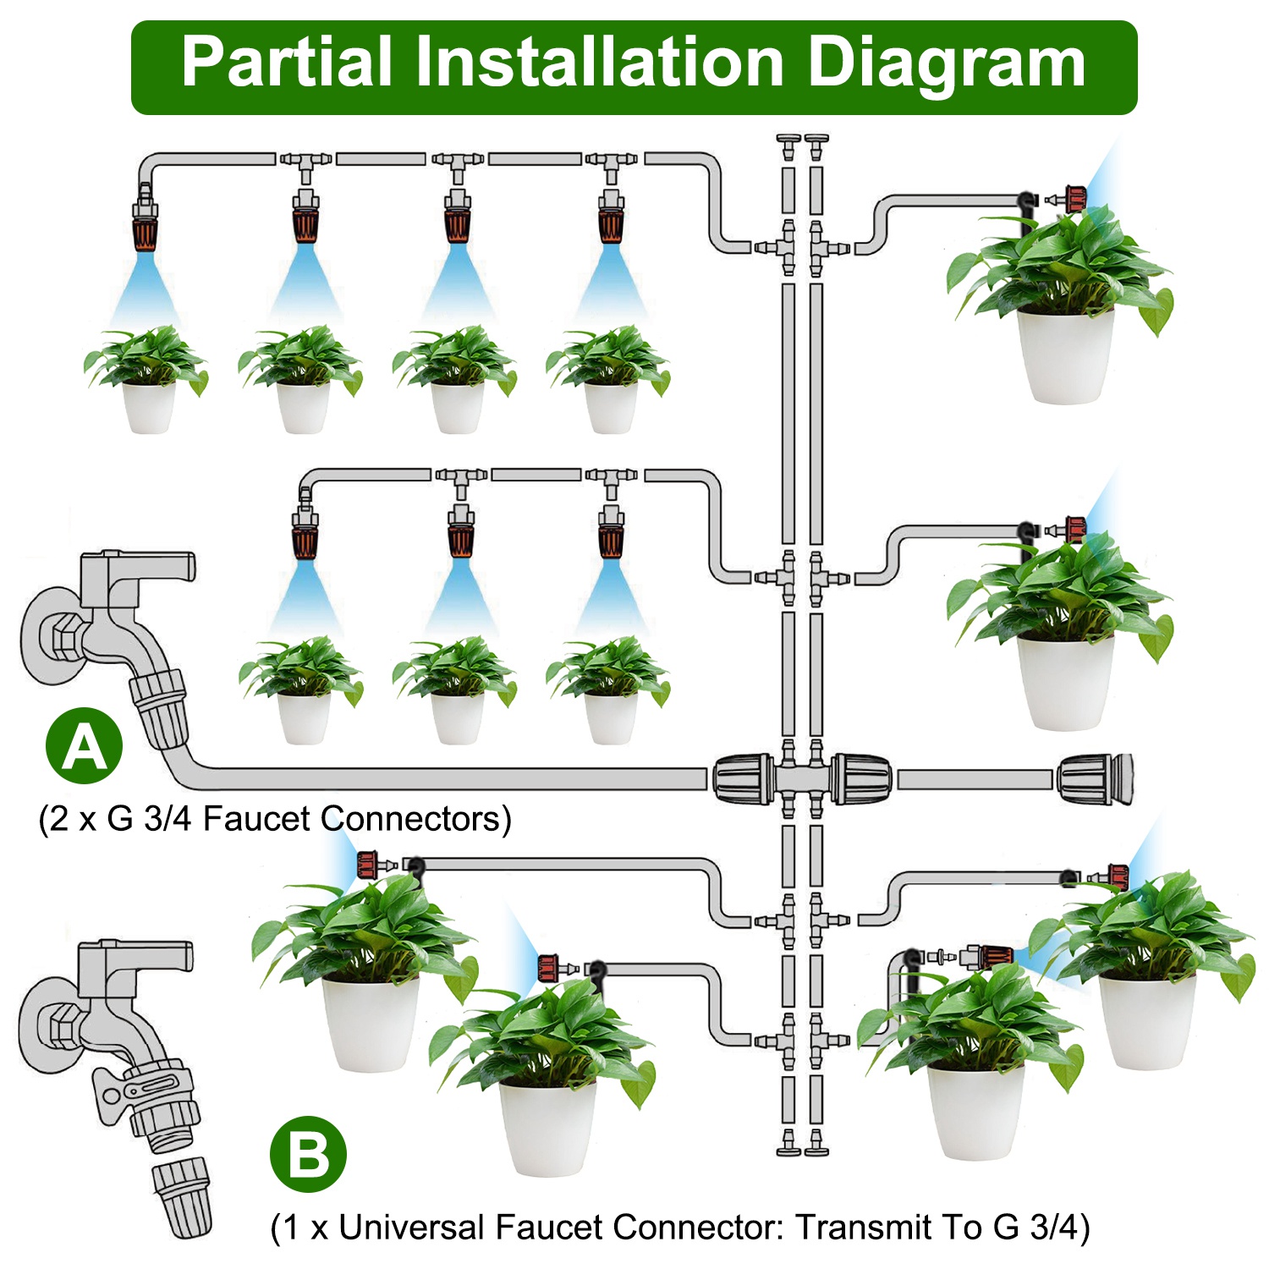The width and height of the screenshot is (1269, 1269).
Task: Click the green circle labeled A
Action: coord(84,745)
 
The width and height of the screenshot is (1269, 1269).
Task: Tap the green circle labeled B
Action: coord(308,1154)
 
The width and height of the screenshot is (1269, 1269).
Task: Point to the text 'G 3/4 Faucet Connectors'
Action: coord(309,819)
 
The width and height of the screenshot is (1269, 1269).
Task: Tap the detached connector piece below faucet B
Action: coord(182,1197)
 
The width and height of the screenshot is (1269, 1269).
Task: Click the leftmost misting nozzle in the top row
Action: coord(145,222)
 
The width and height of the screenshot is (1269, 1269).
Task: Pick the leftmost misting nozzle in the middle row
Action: coord(305,533)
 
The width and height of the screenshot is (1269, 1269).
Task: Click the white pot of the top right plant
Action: coord(1064,355)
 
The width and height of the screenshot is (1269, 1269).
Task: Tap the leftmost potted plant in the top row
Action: coord(147,381)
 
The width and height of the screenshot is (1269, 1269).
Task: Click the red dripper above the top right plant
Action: coord(1074,200)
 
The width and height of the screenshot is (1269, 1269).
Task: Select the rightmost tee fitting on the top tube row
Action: coord(611,161)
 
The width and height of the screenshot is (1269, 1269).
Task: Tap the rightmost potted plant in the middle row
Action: coord(609,689)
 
